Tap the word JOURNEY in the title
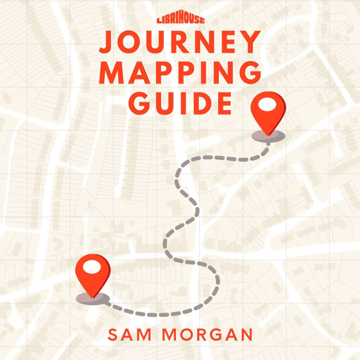[x=180, y=43]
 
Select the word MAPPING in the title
[x=180, y=73]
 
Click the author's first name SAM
[x=130, y=334]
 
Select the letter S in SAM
[x=113, y=334]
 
